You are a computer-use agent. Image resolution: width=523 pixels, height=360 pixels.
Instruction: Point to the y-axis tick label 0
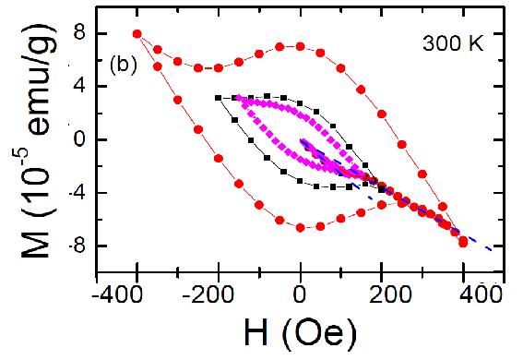tap(82, 139)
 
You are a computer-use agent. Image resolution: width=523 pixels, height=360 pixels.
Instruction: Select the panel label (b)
tap(125, 66)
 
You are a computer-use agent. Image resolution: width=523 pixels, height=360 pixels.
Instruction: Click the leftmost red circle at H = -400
tap(137, 34)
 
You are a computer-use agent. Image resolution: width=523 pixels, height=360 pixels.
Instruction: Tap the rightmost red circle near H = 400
tap(463, 242)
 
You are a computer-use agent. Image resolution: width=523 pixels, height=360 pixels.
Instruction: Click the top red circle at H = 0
tap(301, 45)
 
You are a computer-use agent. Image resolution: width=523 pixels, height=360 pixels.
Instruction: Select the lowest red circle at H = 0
tap(301, 227)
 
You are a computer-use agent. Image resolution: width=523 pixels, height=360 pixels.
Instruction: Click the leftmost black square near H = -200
tap(218, 97)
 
